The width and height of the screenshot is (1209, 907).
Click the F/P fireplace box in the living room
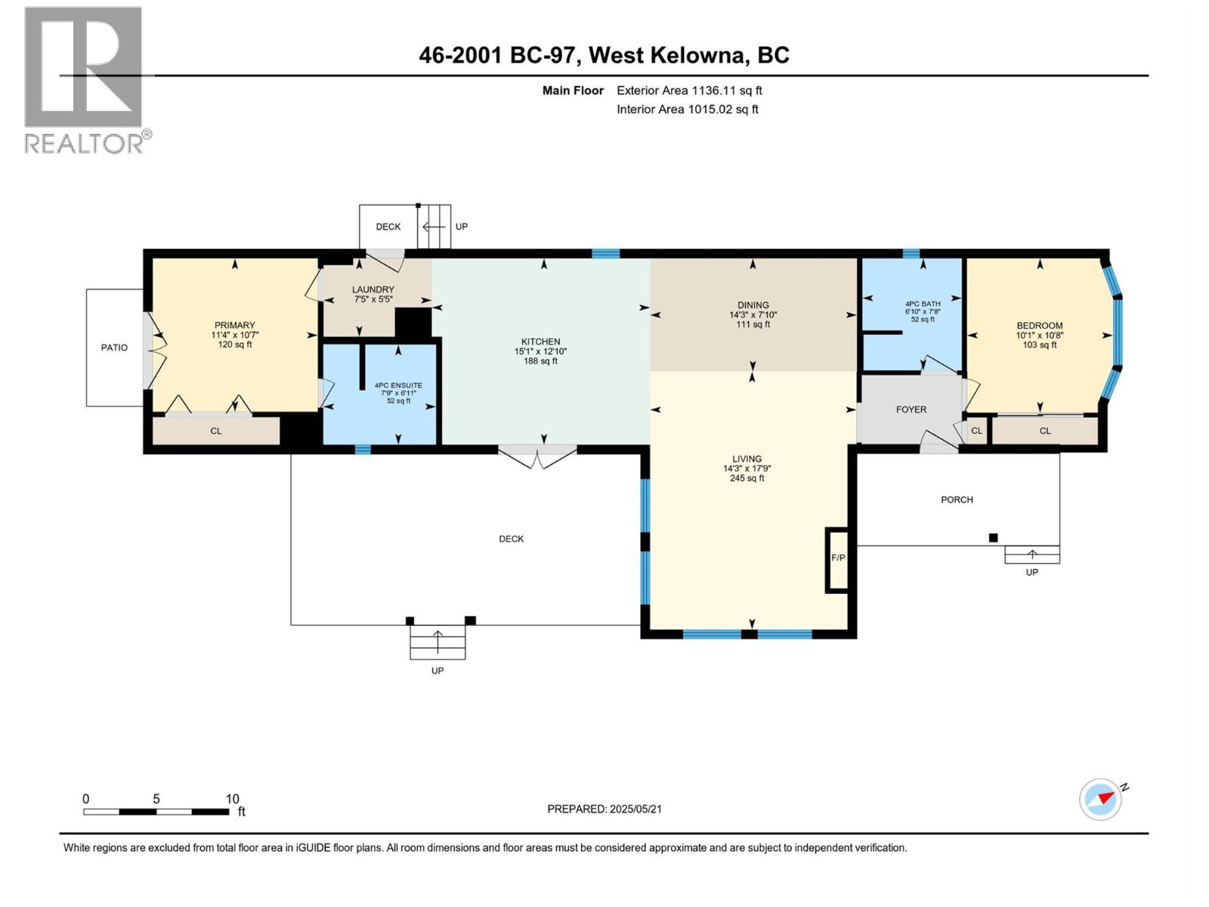(838, 559)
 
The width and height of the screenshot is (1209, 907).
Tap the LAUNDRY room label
(373, 289)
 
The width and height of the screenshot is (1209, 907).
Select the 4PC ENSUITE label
(398, 385)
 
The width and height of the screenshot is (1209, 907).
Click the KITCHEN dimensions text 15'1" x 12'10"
(540, 351)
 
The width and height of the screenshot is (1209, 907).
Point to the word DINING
(753, 305)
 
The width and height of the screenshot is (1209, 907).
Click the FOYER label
(911, 410)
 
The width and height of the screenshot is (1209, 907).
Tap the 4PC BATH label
(923, 304)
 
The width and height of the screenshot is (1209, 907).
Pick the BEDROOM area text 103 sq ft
(1040, 345)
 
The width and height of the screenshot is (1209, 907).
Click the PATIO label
(114, 348)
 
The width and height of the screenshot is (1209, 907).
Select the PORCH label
(957, 500)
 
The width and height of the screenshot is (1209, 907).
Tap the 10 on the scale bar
(232, 799)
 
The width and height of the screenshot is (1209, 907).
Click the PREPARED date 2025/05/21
(635, 809)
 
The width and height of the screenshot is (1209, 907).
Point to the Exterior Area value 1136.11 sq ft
(727, 91)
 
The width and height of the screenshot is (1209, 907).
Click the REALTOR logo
(84, 79)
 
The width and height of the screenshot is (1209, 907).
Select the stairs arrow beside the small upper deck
(434, 227)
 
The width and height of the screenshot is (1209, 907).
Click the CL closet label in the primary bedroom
(216, 431)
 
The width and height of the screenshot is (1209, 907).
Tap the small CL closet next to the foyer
(976, 431)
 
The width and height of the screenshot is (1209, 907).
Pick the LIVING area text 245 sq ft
(747, 478)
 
